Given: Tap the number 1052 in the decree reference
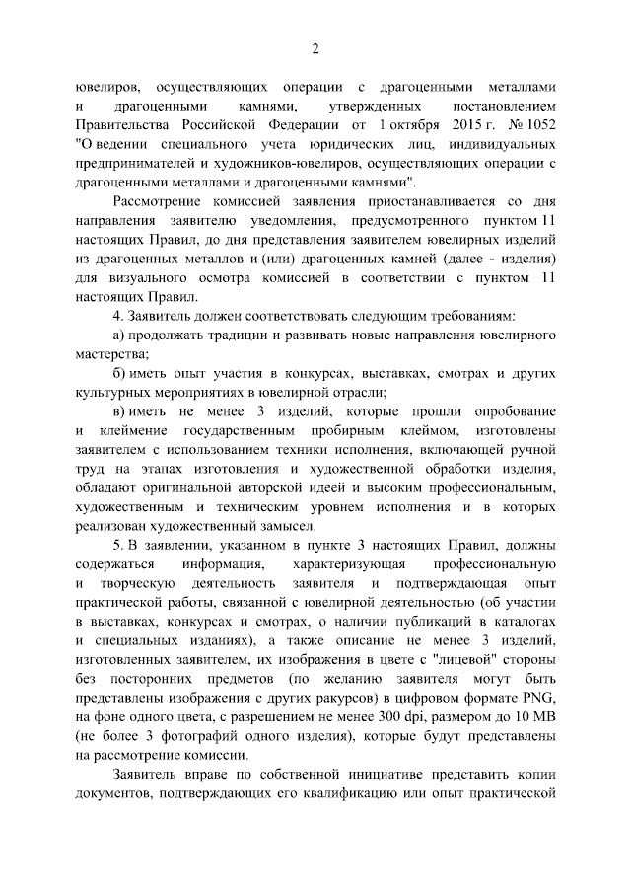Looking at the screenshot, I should click(539, 122).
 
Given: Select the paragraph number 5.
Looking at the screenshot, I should click(118, 546).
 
